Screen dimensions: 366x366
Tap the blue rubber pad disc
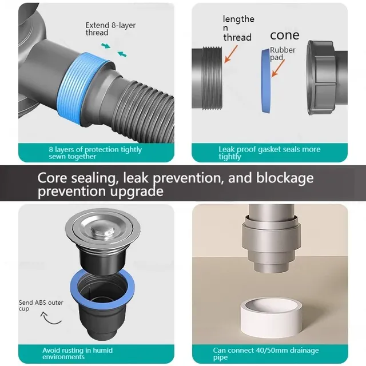(266, 81)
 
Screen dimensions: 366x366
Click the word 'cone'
(285, 35)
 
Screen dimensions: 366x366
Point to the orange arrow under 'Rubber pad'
(278, 68)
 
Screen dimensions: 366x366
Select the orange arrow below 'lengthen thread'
(231, 54)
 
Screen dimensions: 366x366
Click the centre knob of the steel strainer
(103, 230)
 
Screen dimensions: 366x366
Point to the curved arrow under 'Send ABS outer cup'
(50, 319)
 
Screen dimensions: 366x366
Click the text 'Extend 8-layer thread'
(110, 29)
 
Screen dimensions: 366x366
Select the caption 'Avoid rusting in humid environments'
(78, 353)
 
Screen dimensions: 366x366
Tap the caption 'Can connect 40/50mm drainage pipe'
(266, 353)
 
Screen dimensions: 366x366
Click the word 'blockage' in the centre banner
(285, 178)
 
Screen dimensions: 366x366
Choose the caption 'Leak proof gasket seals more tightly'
(269, 153)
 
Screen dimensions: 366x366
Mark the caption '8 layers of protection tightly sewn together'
(96, 153)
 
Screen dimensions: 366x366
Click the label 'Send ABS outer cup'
(41, 305)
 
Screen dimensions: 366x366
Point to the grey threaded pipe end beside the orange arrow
(207, 78)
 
